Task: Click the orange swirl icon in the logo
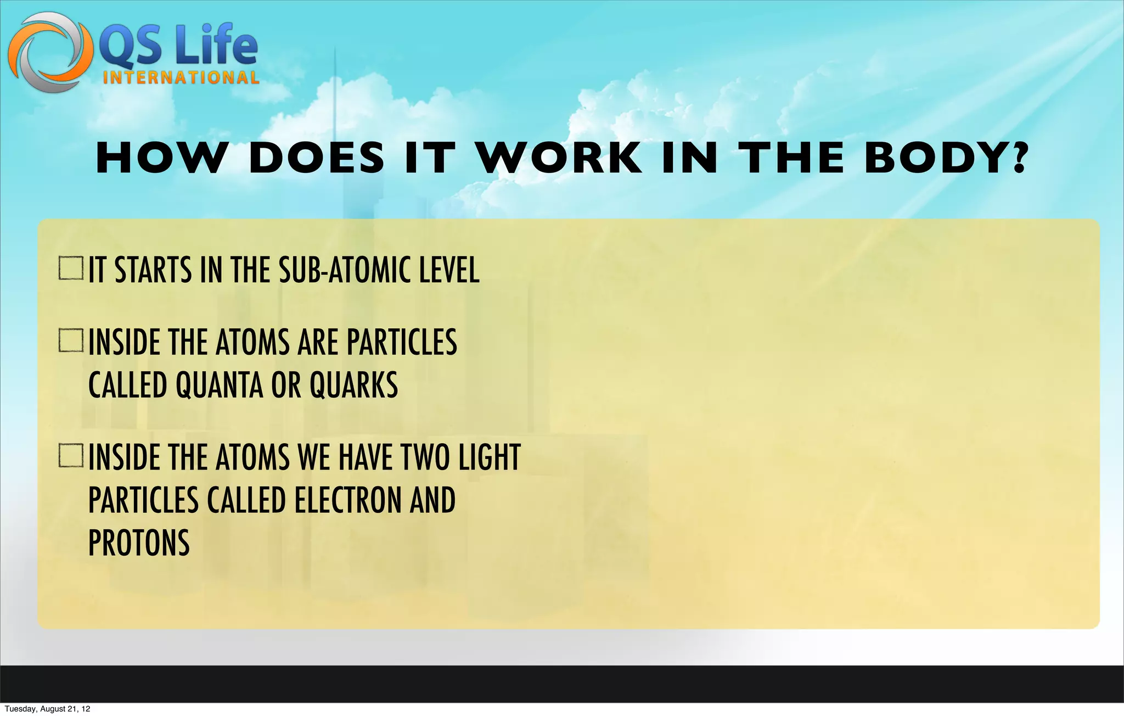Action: coord(49,52)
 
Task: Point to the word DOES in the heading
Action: coord(317,158)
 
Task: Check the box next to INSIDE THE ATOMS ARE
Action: coord(71,340)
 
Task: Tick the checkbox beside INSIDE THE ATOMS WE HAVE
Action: coord(71,456)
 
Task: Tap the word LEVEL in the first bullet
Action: coord(449,270)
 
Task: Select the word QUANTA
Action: coord(218,385)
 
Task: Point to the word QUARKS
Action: coord(353,385)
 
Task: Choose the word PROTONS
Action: coord(139,543)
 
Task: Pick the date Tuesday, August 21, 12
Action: coord(47,709)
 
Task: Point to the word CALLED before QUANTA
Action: coord(127,385)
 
